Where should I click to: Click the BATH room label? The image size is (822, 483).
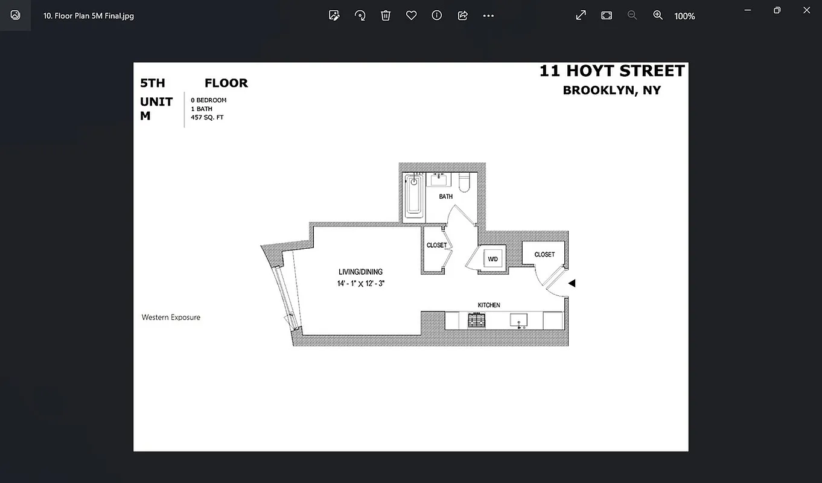coord(445,197)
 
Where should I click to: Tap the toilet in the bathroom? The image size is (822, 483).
coord(464,182)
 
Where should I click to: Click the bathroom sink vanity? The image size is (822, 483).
coord(438,179)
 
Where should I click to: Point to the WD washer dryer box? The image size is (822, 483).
coord(493,259)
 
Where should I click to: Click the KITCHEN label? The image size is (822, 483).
coord(489,305)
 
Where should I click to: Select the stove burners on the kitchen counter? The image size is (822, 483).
coord(477,321)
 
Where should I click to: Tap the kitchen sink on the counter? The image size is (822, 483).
coord(518,321)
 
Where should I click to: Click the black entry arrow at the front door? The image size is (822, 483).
coord(572,283)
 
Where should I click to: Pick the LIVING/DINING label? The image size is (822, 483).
coord(360,272)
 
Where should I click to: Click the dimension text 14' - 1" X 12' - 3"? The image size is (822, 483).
coord(361,283)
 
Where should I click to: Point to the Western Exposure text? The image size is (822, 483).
coord(171,318)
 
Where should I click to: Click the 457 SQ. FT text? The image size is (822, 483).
coord(207,118)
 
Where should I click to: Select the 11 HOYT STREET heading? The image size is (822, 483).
coord(612,71)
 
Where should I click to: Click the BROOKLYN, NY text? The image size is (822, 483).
coord(611,91)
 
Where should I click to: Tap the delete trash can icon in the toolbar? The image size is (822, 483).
coord(386,16)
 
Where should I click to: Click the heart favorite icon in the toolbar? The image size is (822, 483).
coord(411,16)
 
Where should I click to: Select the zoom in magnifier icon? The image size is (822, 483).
coord(658,16)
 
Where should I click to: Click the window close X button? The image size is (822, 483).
coord(806,10)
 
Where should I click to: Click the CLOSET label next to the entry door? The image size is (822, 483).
coord(544,255)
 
